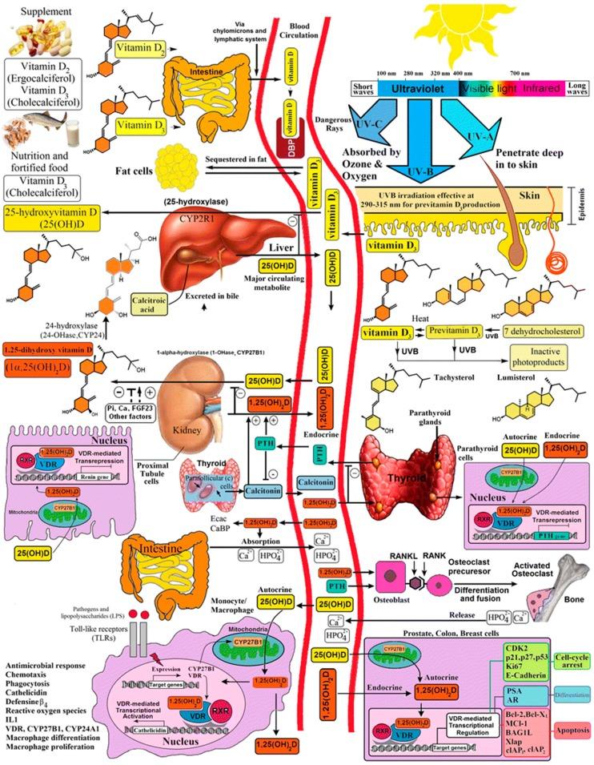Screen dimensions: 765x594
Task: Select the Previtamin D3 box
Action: [x=433, y=331]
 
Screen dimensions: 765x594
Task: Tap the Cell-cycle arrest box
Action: [x=567, y=657]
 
